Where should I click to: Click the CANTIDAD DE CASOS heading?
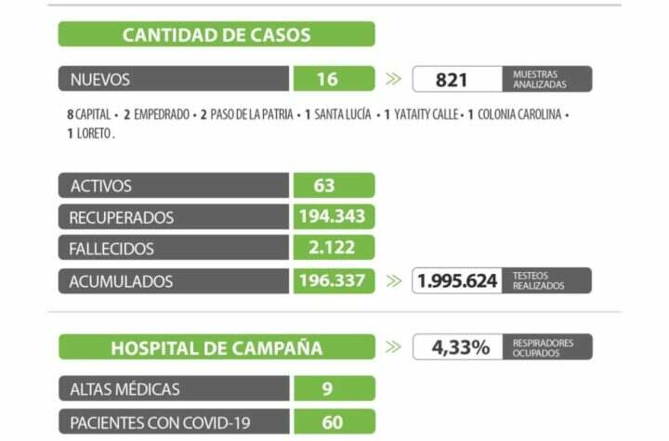click(216, 35)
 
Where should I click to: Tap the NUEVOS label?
click(100, 79)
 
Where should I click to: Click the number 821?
click(452, 79)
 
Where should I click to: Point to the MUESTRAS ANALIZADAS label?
click(538, 79)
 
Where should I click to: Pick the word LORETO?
click(94, 134)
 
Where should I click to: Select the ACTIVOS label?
click(101, 186)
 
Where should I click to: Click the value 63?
click(324, 186)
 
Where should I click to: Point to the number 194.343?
click(333, 217)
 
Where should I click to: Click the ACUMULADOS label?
click(122, 280)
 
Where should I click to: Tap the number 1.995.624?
click(458, 280)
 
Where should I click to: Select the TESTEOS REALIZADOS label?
click(539, 280)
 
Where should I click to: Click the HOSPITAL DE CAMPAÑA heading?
click(216, 348)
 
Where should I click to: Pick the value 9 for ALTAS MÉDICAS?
click(327, 388)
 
